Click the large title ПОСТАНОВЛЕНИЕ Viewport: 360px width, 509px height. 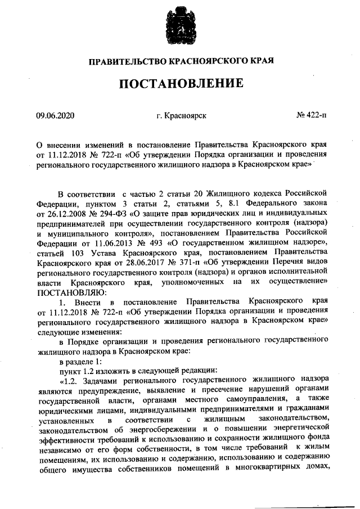click(x=181, y=84)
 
